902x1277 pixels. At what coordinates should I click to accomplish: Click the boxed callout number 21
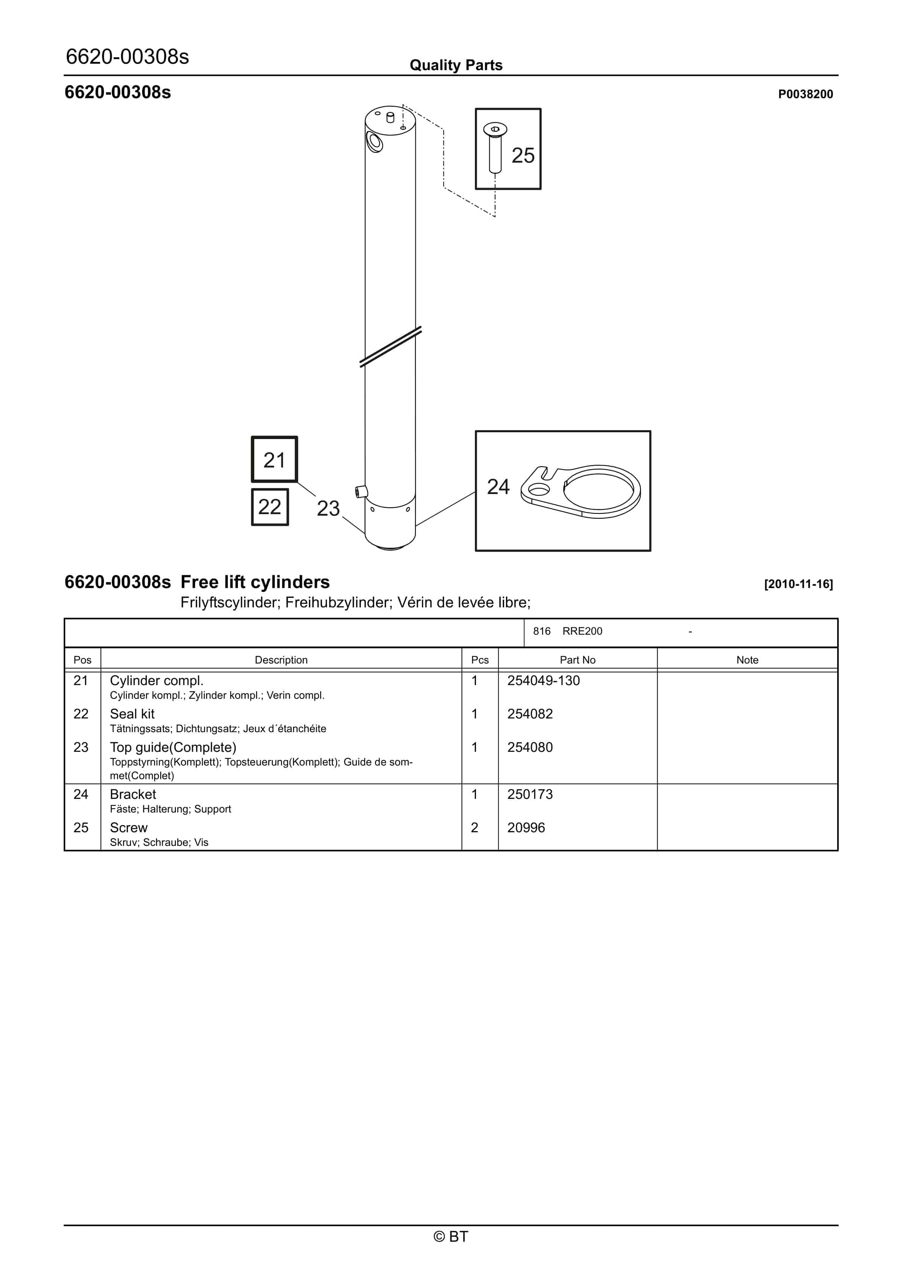[274, 460]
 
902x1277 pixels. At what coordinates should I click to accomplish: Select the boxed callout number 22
[270, 507]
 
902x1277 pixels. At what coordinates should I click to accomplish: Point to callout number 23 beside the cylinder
[328, 508]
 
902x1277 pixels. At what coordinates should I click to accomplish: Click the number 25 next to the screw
[523, 156]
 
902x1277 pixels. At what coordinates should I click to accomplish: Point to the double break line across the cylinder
[390, 347]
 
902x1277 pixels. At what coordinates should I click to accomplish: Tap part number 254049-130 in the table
[543, 681]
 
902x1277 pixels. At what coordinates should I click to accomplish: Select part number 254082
[530, 714]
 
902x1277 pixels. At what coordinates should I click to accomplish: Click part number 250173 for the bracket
[530, 794]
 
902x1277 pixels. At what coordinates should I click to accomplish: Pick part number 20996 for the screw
[526, 828]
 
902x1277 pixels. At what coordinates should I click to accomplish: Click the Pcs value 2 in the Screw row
[474, 828]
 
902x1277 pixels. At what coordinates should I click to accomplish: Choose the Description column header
[281, 660]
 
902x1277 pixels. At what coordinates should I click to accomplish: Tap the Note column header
[747, 660]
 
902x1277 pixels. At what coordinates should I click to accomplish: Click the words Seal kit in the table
[132, 714]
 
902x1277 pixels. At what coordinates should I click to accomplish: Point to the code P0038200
[805, 94]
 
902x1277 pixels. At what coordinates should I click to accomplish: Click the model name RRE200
[582, 631]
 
